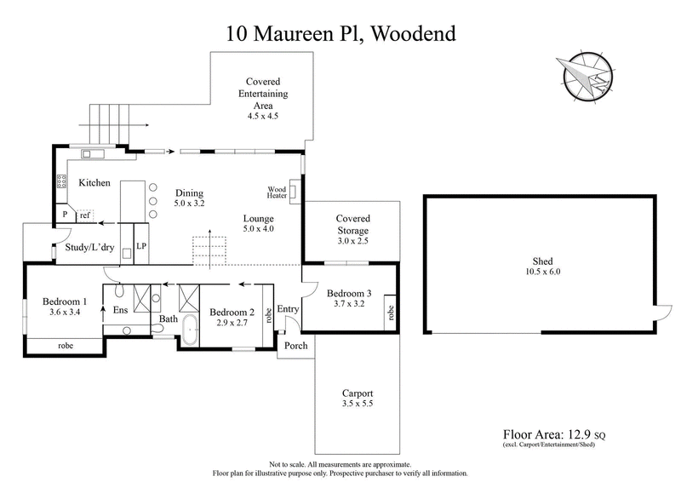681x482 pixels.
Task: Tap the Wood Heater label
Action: pyautogui.click(x=278, y=192)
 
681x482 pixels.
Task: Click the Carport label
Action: pyautogui.click(x=358, y=393)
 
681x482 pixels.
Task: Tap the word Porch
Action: pyautogui.click(x=295, y=347)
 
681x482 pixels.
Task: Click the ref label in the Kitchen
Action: pyautogui.click(x=84, y=216)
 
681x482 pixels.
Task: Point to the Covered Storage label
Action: pyautogui.click(x=352, y=225)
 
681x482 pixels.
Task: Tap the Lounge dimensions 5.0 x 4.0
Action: pyautogui.click(x=259, y=228)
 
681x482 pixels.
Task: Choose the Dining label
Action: pyautogui.click(x=190, y=192)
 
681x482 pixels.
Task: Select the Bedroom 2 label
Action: pyautogui.click(x=231, y=312)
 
